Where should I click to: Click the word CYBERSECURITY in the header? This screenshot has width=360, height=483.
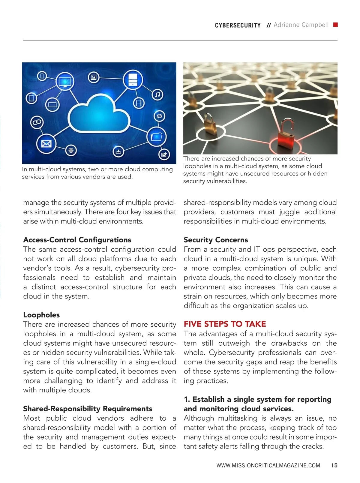tap(238, 25)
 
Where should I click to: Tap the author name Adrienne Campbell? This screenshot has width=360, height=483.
tap(301, 25)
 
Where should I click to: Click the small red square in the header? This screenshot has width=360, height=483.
tap(336, 25)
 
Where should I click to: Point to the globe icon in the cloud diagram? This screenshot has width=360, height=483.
tap(71, 150)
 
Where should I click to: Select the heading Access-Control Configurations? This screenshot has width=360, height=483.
tap(77, 240)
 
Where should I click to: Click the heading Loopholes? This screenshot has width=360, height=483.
tap(41, 315)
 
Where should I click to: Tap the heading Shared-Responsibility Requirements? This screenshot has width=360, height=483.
tap(88, 409)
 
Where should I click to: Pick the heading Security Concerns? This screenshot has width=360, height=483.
tap(216, 240)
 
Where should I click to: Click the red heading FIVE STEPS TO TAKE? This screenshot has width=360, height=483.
tap(225, 324)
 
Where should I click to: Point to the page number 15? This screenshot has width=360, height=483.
tap(334, 466)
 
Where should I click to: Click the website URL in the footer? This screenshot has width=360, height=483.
tap(268, 466)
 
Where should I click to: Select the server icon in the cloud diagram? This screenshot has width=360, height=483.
tap(132, 79)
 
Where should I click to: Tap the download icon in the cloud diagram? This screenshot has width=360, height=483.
tap(118, 151)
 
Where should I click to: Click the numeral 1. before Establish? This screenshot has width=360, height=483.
tap(187, 399)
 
